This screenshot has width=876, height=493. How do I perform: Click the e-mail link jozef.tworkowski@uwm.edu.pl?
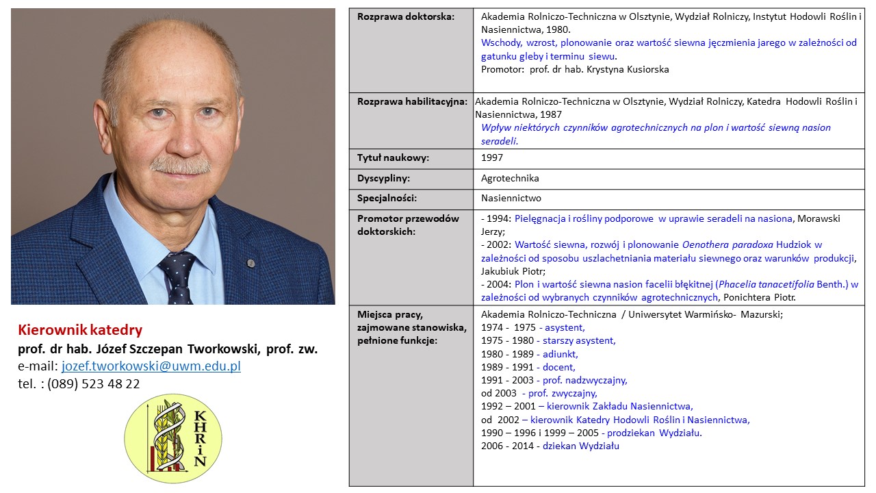151,366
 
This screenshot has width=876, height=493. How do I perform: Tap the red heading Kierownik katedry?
79,330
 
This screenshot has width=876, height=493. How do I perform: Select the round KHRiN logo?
173,438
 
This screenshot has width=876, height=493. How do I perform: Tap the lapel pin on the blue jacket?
251,262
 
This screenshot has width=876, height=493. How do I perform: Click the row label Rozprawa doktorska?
406,16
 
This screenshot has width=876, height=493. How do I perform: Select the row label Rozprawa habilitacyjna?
412,101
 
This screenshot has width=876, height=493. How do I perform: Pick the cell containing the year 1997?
492,157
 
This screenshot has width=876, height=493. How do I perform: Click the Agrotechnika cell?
510,178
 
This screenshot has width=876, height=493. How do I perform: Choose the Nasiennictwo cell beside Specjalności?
511,199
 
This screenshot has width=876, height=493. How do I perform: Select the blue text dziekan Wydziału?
581,446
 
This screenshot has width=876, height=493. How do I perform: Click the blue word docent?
558,367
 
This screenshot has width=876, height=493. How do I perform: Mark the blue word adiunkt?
560,354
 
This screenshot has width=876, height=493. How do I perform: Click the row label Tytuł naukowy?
393,157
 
